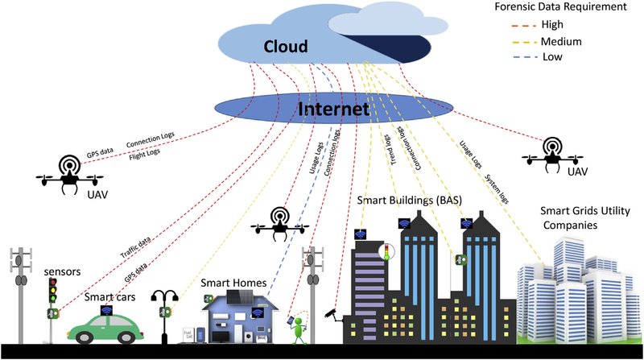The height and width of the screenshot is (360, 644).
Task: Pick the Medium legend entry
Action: [569, 41]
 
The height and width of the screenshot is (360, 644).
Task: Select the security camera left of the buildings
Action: [333, 312]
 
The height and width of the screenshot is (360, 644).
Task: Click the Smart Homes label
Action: [239, 282]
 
